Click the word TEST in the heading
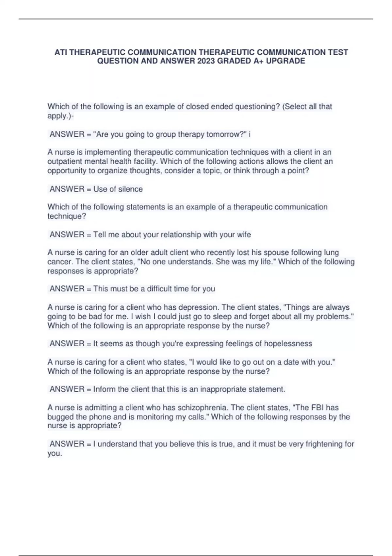click(338, 52)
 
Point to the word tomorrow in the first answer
click(224, 134)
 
